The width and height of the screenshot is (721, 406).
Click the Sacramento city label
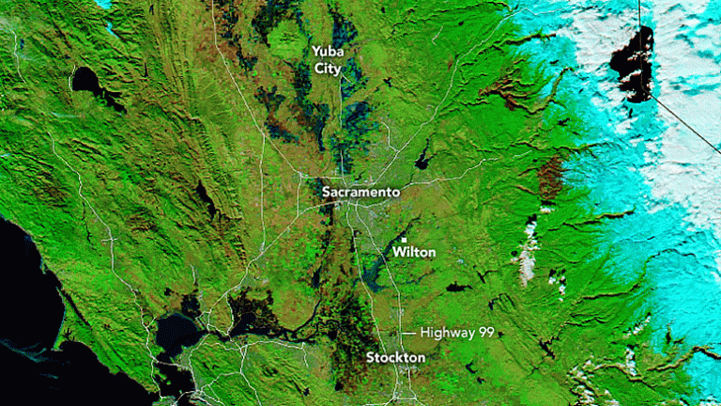tap(360, 192)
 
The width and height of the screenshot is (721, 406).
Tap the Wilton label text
tap(414, 253)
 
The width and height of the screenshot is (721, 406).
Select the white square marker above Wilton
tap(404, 240)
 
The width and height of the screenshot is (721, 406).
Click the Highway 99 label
tap(457, 333)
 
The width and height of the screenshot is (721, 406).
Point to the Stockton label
tap(395, 358)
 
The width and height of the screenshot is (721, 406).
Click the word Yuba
tap(328, 52)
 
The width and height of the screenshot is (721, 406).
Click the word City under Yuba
tap(328, 70)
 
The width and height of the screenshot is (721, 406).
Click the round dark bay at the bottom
tap(176, 330)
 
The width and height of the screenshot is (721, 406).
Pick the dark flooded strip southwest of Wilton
tap(376, 273)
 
